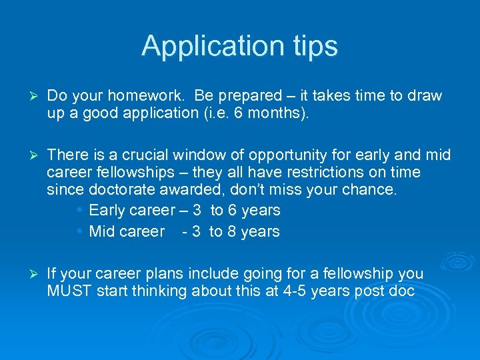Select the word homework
point(113,96)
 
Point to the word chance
point(369,190)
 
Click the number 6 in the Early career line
point(232,211)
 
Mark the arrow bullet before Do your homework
point(27,96)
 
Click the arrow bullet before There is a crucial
point(27,155)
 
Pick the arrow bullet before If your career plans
point(27,274)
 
